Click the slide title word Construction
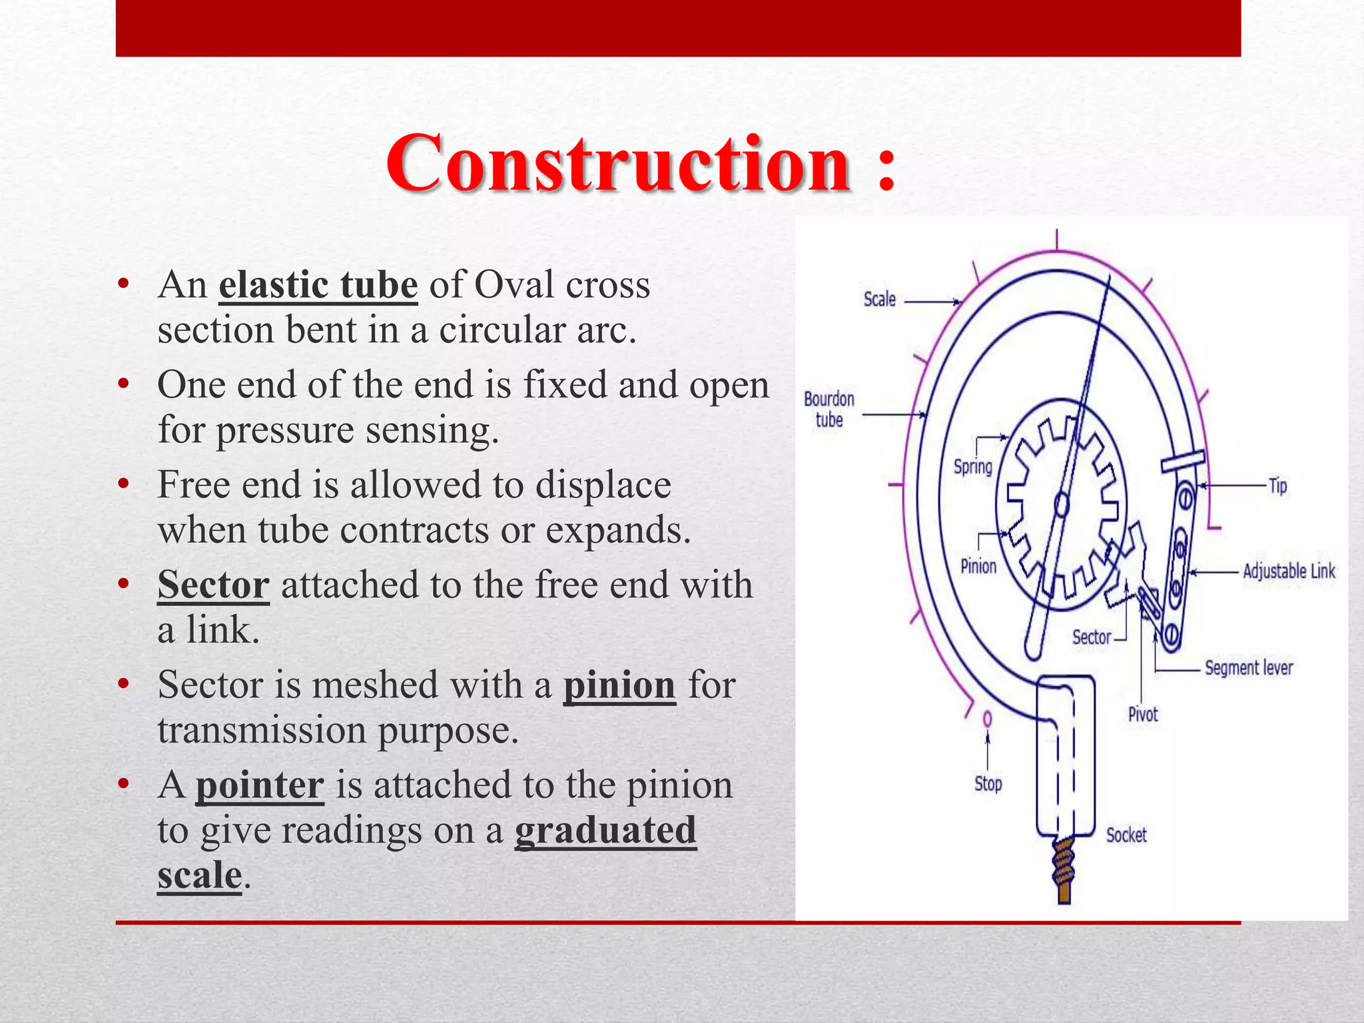(617, 163)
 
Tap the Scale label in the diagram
(879, 299)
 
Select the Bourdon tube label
(829, 409)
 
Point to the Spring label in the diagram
(972, 466)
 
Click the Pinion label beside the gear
(978, 566)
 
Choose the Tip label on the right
(1277, 486)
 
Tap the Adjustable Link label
(1289, 571)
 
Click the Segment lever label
(1248, 667)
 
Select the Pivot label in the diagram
(1143, 715)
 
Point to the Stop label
(988, 784)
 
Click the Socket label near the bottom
(1126, 835)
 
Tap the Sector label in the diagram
(1091, 637)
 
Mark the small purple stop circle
(987, 719)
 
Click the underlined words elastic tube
(318, 285)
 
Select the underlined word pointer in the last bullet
(260, 785)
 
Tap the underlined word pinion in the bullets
(619, 685)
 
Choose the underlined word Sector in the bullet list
(213, 585)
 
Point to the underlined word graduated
(605, 831)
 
